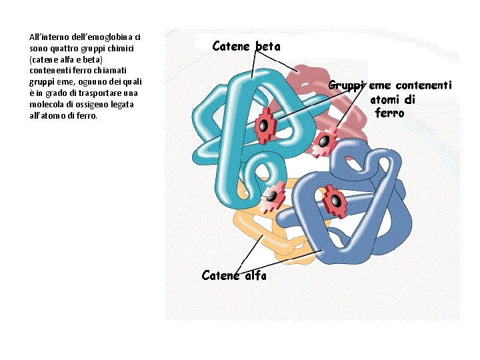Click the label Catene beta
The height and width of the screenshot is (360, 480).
point(246,46)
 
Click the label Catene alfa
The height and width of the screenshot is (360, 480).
point(234,275)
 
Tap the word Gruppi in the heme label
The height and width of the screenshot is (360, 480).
point(347,85)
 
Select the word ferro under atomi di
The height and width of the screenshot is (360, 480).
point(389,113)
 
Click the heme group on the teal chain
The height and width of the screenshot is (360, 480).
point(265,125)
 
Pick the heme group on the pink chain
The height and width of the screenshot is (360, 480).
point(325,142)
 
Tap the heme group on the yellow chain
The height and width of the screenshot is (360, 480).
point(272,197)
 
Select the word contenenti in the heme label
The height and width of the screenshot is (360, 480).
point(423,85)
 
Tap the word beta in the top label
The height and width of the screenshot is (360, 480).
point(268,46)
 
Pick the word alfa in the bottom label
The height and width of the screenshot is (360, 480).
point(254,275)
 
